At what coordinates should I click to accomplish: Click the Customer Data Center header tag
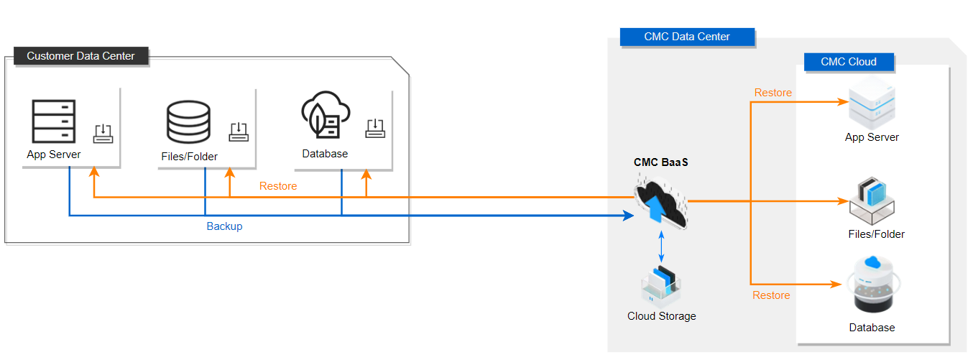click(x=80, y=56)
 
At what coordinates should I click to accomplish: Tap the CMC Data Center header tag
click(x=687, y=37)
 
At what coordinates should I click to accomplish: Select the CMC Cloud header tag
click(x=849, y=62)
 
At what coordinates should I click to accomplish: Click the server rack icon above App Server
click(x=54, y=121)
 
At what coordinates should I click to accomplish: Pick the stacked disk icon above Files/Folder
click(x=188, y=123)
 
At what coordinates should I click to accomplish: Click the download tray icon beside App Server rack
click(x=103, y=133)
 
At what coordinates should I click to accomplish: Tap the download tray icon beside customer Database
click(x=375, y=128)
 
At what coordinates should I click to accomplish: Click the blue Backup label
click(x=224, y=226)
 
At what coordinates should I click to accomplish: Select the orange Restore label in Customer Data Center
click(x=278, y=186)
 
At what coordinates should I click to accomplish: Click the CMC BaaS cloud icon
click(x=660, y=205)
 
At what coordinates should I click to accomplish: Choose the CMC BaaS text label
click(x=660, y=162)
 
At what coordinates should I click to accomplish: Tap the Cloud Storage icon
click(x=661, y=285)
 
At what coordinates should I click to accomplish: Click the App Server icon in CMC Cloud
click(x=872, y=106)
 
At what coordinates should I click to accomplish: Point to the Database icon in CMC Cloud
click(x=872, y=287)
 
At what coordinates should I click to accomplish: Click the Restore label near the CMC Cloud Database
click(x=771, y=295)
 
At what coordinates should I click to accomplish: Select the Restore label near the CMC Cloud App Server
click(x=773, y=93)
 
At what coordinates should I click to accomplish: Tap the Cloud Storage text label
click(x=661, y=316)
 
